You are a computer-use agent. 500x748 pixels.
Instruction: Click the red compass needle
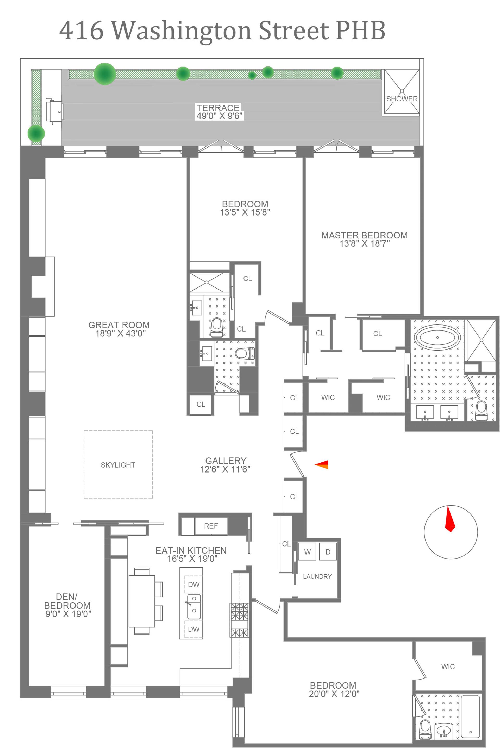pos(450,519)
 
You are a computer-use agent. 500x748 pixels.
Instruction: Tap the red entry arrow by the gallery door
pos(322,465)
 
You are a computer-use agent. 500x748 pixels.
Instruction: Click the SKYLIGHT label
pos(118,465)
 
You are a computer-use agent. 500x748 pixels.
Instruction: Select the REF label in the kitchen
pos(211,526)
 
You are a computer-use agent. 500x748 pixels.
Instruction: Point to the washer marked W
pos(307,552)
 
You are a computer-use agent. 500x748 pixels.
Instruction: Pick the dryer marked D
pos(328,552)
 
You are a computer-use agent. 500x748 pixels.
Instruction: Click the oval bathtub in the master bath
pos(437,337)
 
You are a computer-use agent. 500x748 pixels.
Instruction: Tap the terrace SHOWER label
pos(402,99)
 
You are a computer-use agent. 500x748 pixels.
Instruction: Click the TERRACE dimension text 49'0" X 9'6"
pos(219,116)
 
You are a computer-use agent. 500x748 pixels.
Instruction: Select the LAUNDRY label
pos(317,576)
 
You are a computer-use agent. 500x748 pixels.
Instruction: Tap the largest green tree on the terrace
pos(105,74)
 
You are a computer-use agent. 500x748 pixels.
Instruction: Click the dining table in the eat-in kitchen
pos(142,601)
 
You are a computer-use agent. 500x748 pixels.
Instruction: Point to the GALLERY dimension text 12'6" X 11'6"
pos(225,469)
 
